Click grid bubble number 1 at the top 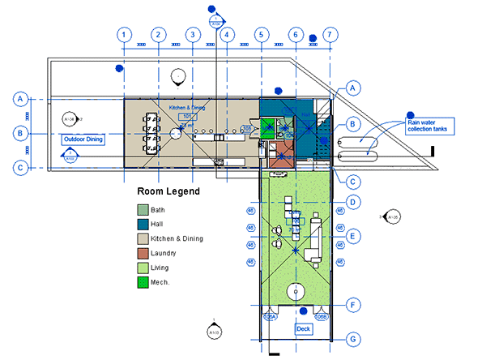[x=123, y=35]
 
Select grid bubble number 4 [x=227, y=35]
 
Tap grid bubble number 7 [x=330, y=35]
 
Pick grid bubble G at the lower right [x=353, y=338]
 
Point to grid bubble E [x=353, y=235]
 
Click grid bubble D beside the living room [x=353, y=201]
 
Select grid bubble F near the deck [x=353, y=305]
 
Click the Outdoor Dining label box [x=84, y=139]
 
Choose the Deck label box [x=304, y=329]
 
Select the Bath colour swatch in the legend [x=143, y=210]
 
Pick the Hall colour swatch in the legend [x=143, y=225]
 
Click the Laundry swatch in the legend [x=143, y=254]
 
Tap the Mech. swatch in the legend [x=143, y=283]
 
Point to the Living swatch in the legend [x=143, y=268]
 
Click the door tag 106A [x=271, y=317]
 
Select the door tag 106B [x=322, y=317]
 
